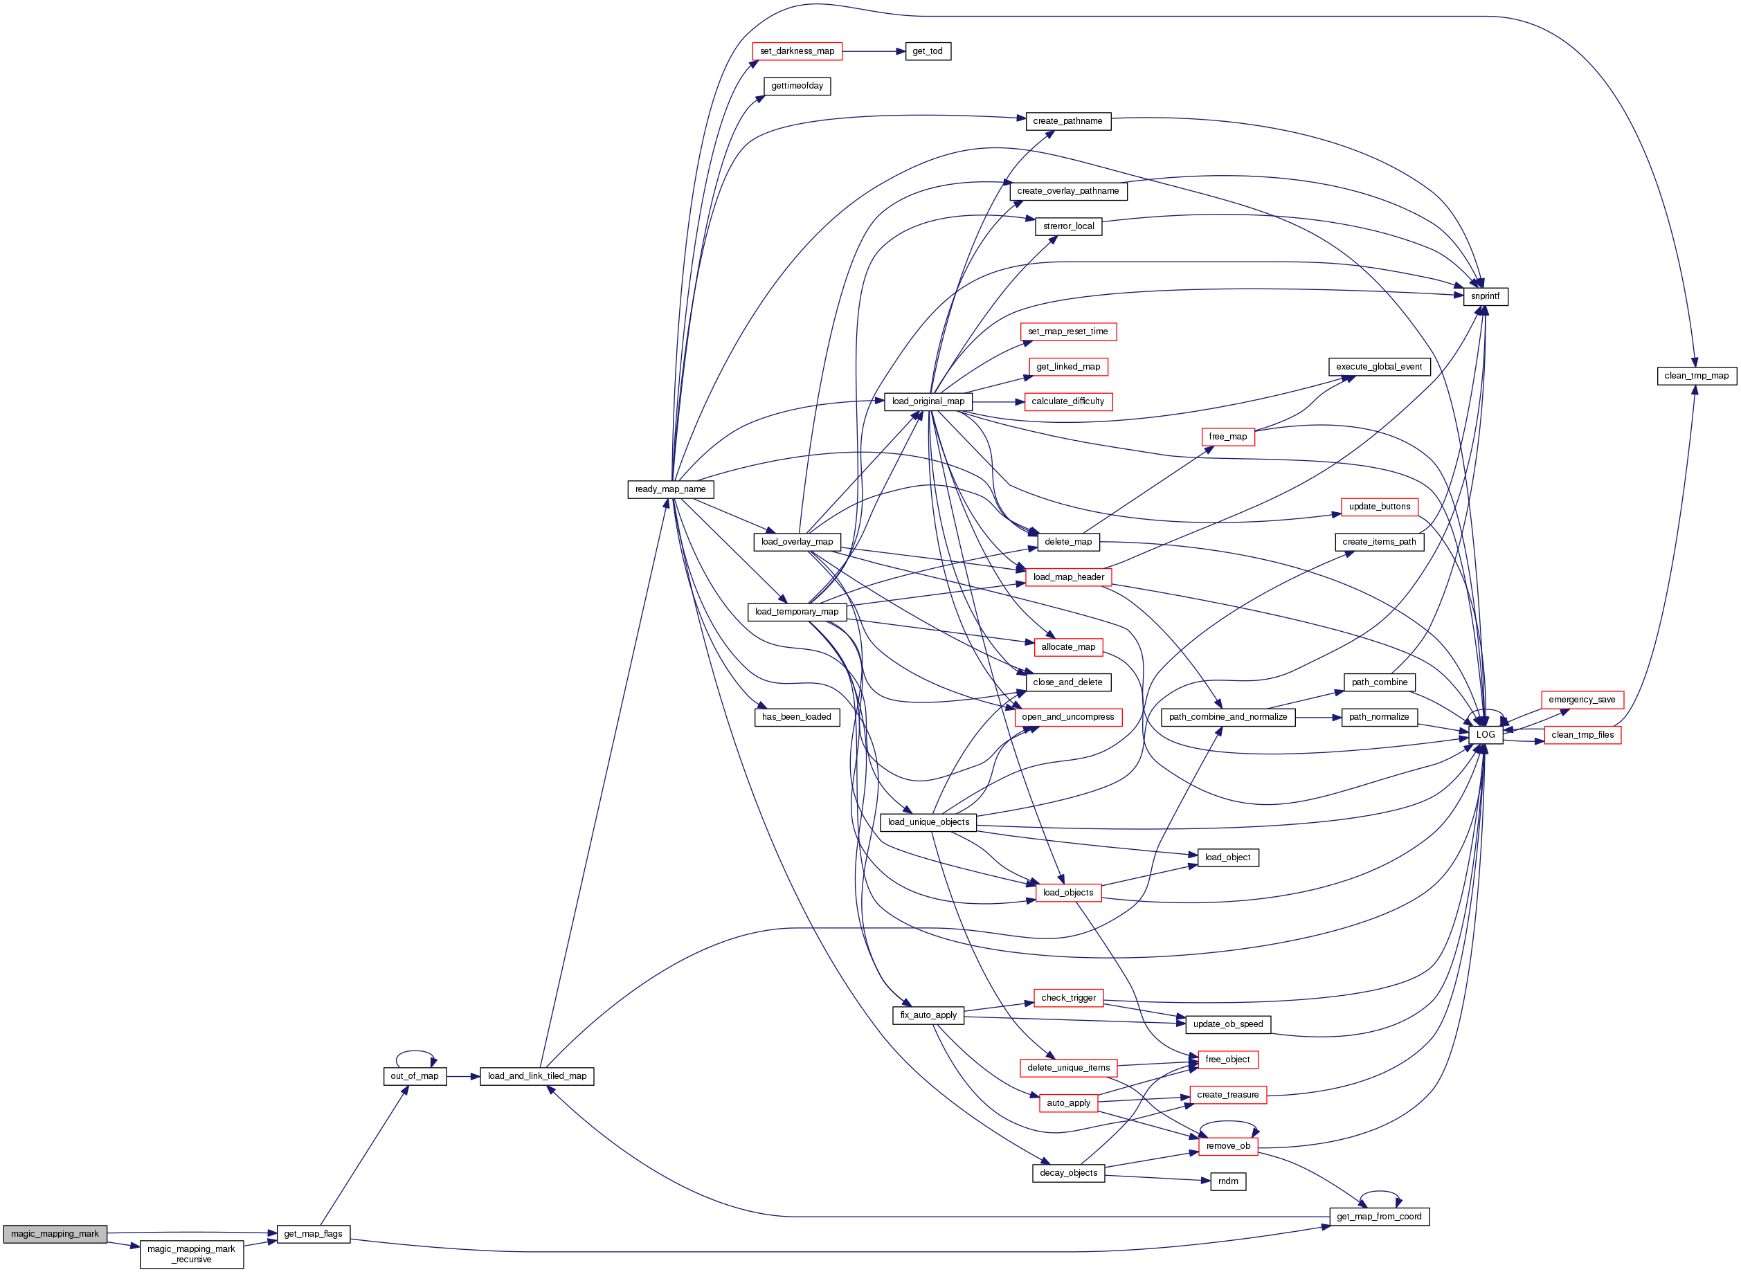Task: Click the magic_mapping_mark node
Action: click(x=55, y=1233)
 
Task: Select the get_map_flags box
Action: click(x=313, y=1233)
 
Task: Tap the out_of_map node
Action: click(x=414, y=1075)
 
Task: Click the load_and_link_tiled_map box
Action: click(x=536, y=1075)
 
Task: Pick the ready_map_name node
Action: click(x=670, y=489)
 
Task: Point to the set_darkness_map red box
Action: click(x=797, y=51)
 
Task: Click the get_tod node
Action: click(x=927, y=51)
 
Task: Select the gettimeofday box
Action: click(x=797, y=85)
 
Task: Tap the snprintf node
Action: click(x=1485, y=296)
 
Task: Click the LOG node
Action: click(x=1486, y=734)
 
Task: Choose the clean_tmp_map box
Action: click(x=1696, y=376)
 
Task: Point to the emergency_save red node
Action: click(x=1582, y=699)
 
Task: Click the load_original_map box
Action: click(x=928, y=401)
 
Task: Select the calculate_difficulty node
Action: click(x=1067, y=401)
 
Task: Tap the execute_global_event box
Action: click(x=1378, y=367)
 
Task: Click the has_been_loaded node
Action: click(x=796, y=717)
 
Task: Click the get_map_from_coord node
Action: click(x=1378, y=1217)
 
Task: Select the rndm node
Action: click(x=1227, y=1181)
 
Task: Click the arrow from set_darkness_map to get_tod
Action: click(x=874, y=51)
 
